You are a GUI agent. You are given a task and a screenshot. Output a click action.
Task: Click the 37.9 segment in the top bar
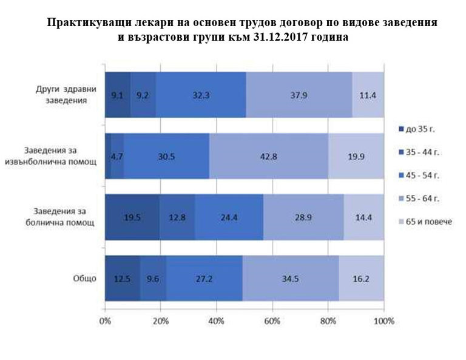coord(299,95)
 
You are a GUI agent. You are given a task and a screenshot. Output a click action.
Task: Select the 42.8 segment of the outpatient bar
coord(268,156)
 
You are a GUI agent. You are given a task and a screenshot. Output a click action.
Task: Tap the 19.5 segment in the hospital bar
coord(132,217)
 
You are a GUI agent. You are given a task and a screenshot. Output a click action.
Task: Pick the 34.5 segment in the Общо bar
coord(290,279)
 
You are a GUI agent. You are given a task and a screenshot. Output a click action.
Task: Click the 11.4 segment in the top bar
coord(368,95)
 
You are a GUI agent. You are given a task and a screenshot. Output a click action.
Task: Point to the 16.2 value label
coord(361,279)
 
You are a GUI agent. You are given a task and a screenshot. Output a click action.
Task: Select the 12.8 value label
coord(177,217)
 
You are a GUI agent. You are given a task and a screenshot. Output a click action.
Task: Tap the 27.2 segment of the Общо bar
coord(204,279)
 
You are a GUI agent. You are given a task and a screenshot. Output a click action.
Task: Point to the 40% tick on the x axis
coord(216,321)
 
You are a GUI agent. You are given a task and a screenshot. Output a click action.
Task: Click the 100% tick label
coord(384,321)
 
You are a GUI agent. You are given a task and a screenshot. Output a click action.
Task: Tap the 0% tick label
coord(105,321)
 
